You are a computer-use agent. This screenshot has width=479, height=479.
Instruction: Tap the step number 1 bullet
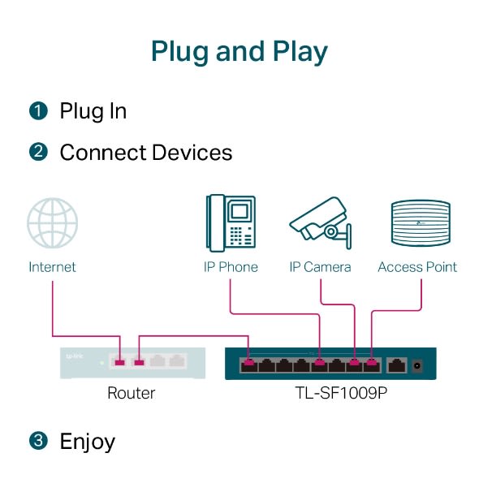[38, 111]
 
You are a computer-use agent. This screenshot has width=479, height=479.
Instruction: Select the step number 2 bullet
[38, 153]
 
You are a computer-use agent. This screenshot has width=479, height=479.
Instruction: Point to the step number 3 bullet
[38, 442]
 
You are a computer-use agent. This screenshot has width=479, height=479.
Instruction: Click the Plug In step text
[93, 111]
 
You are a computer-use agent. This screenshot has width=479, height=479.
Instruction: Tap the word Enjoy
[87, 442]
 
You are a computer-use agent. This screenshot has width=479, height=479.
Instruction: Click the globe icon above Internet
[53, 223]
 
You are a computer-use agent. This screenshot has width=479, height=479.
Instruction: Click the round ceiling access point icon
[420, 223]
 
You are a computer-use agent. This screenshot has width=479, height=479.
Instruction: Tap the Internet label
[52, 267]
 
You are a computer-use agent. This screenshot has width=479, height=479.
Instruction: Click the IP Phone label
[231, 267]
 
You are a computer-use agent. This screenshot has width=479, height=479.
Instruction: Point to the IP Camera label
[321, 267]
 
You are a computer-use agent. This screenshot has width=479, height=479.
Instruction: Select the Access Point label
[417, 267]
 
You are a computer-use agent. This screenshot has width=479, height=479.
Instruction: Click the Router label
[131, 394]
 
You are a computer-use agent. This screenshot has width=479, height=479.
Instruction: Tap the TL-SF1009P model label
[330, 394]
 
